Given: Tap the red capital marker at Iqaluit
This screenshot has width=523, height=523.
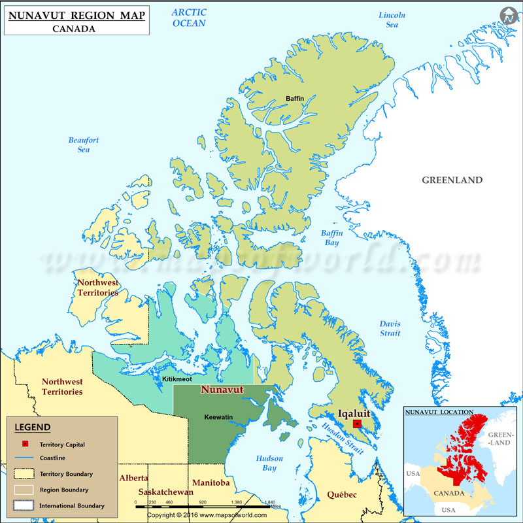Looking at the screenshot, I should click(356, 424).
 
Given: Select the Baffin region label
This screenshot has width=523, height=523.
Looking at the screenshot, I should click(295, 99).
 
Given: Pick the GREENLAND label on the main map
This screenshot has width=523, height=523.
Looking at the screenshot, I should click(452, 180).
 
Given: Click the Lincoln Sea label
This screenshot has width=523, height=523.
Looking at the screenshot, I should click(392, 20).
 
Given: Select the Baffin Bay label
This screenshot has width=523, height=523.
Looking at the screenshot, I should click(331, 238).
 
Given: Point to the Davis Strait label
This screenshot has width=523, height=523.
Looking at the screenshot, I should click(390, 329).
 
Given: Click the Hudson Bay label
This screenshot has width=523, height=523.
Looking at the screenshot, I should click(269, 463).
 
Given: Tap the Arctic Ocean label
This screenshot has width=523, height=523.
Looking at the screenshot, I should click(189, 18).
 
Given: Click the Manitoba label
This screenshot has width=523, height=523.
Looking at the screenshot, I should click(211, 482).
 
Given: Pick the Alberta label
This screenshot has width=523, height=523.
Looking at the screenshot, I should click(133, 478).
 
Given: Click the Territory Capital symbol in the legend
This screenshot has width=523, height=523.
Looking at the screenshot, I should click(25, 445).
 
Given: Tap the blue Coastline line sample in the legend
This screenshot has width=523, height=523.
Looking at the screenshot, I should click(25, 458).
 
